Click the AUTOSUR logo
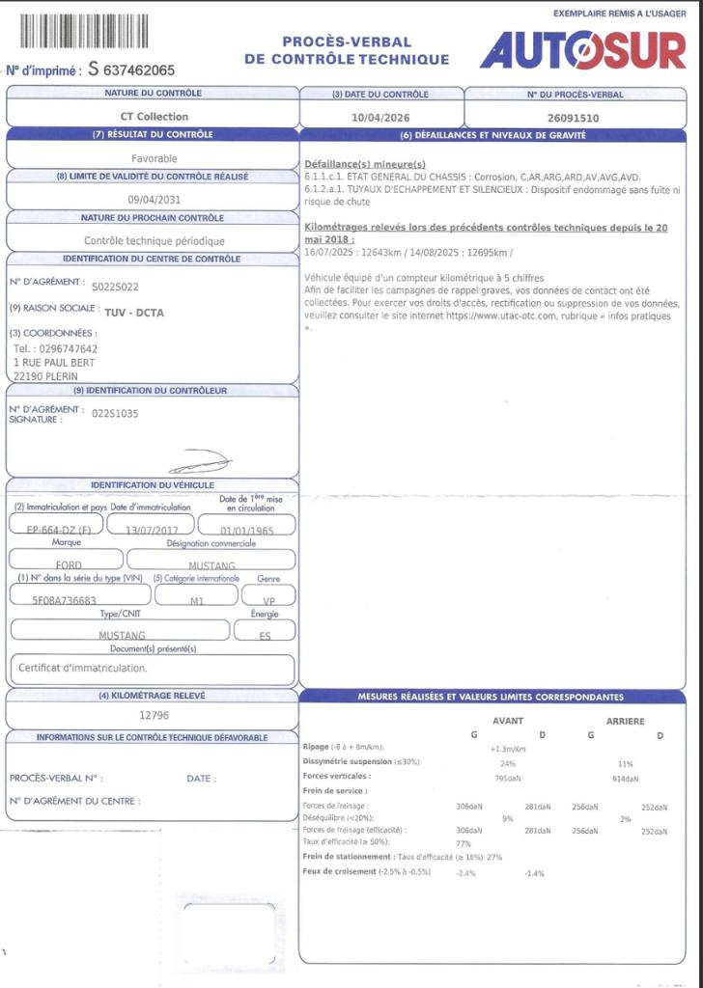tap(582, 50)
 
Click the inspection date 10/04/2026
tap(381, 117)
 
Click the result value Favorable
tap(155, 158)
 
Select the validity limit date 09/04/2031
tap(155, 199)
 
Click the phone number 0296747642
tap(55, 348)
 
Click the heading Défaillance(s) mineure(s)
tap(365, 164)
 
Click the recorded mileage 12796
tap(155, 716)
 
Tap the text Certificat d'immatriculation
tap(83, 668)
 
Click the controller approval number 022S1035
tap(116, 413)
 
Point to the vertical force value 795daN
tap(508, 778)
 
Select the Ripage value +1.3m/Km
tap(508, 748)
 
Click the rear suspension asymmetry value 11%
tap(625, 762)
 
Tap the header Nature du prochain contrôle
tap(153, 218)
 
